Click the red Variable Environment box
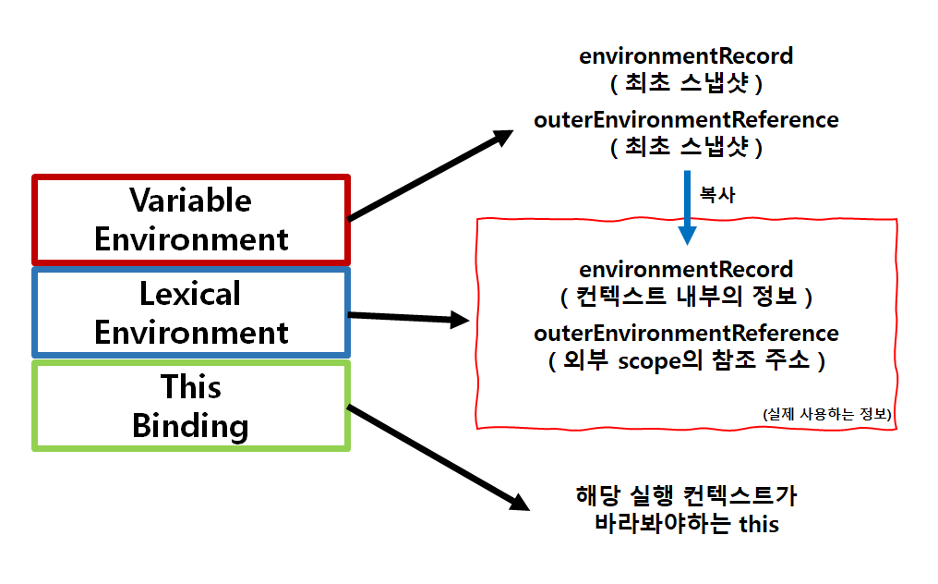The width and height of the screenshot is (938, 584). coord(191,219)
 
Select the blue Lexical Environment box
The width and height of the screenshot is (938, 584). coord(191,312)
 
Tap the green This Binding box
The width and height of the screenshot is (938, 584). coord(191,406)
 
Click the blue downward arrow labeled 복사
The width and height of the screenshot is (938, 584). coord(686,207)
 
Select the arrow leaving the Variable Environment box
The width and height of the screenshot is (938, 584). coord(429,176)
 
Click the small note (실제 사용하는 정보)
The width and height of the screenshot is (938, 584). coord(827,415)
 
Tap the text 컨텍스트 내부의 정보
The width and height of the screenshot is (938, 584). coord(686,298)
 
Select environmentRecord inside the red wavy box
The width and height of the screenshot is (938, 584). coord(686,270)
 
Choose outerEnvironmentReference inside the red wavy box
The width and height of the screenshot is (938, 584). coord(686,333)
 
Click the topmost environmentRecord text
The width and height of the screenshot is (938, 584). coord(686,55)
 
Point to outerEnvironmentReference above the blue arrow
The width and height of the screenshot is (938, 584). coord(686,119)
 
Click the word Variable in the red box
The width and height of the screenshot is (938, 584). coord(190,200)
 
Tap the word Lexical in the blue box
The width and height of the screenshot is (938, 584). coord(190,294)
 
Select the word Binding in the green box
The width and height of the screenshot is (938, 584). coord(190,426)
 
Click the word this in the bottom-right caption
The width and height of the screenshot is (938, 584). coord(760,524)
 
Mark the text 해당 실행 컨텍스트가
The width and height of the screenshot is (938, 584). coord(686,495)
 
